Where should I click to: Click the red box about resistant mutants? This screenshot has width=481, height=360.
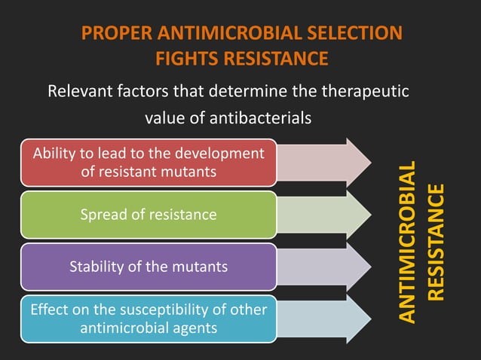coord(148,162)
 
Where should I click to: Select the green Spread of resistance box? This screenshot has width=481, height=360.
coord(148,215)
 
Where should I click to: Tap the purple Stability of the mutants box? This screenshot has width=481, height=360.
coord(148,266)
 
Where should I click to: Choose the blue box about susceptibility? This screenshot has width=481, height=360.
coord(148,318)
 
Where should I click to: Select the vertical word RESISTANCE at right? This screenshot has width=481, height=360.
coord(437,243)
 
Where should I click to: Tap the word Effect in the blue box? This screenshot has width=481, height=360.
coord(47,309)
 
